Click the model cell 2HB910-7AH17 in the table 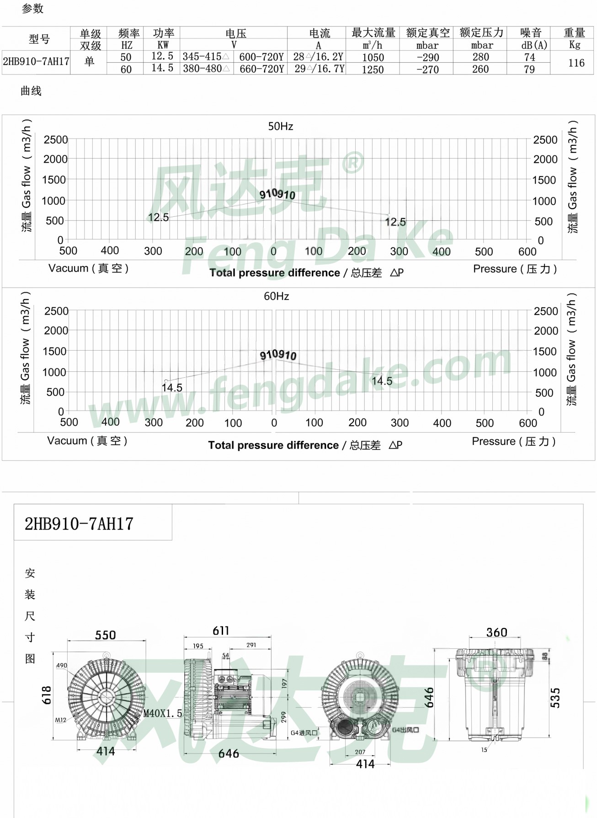[x=36, y=62]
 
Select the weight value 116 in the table [x=576, y=63]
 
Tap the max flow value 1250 [x=373, y=70]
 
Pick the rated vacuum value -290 [x=427, y=57]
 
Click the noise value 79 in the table [x=529, y=70]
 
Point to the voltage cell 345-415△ [x=206, y=57]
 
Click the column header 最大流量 [x=373, y=33]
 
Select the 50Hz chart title [x=280, y=126]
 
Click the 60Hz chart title [x=276, y=296]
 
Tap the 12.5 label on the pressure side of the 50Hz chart [x=395, y=222]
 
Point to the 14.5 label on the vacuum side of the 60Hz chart [x=172, y=388]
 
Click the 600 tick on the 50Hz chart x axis [x=527, y=251]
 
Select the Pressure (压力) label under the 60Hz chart [x=514, y=441]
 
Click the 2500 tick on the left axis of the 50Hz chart [x=55, y=140]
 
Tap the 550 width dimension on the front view [x=106, y=635]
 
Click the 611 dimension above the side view [x=221, y=631]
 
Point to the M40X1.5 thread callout [x=163, y=714]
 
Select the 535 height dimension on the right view [x=555, y=698]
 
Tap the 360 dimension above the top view [x=496, y=632]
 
